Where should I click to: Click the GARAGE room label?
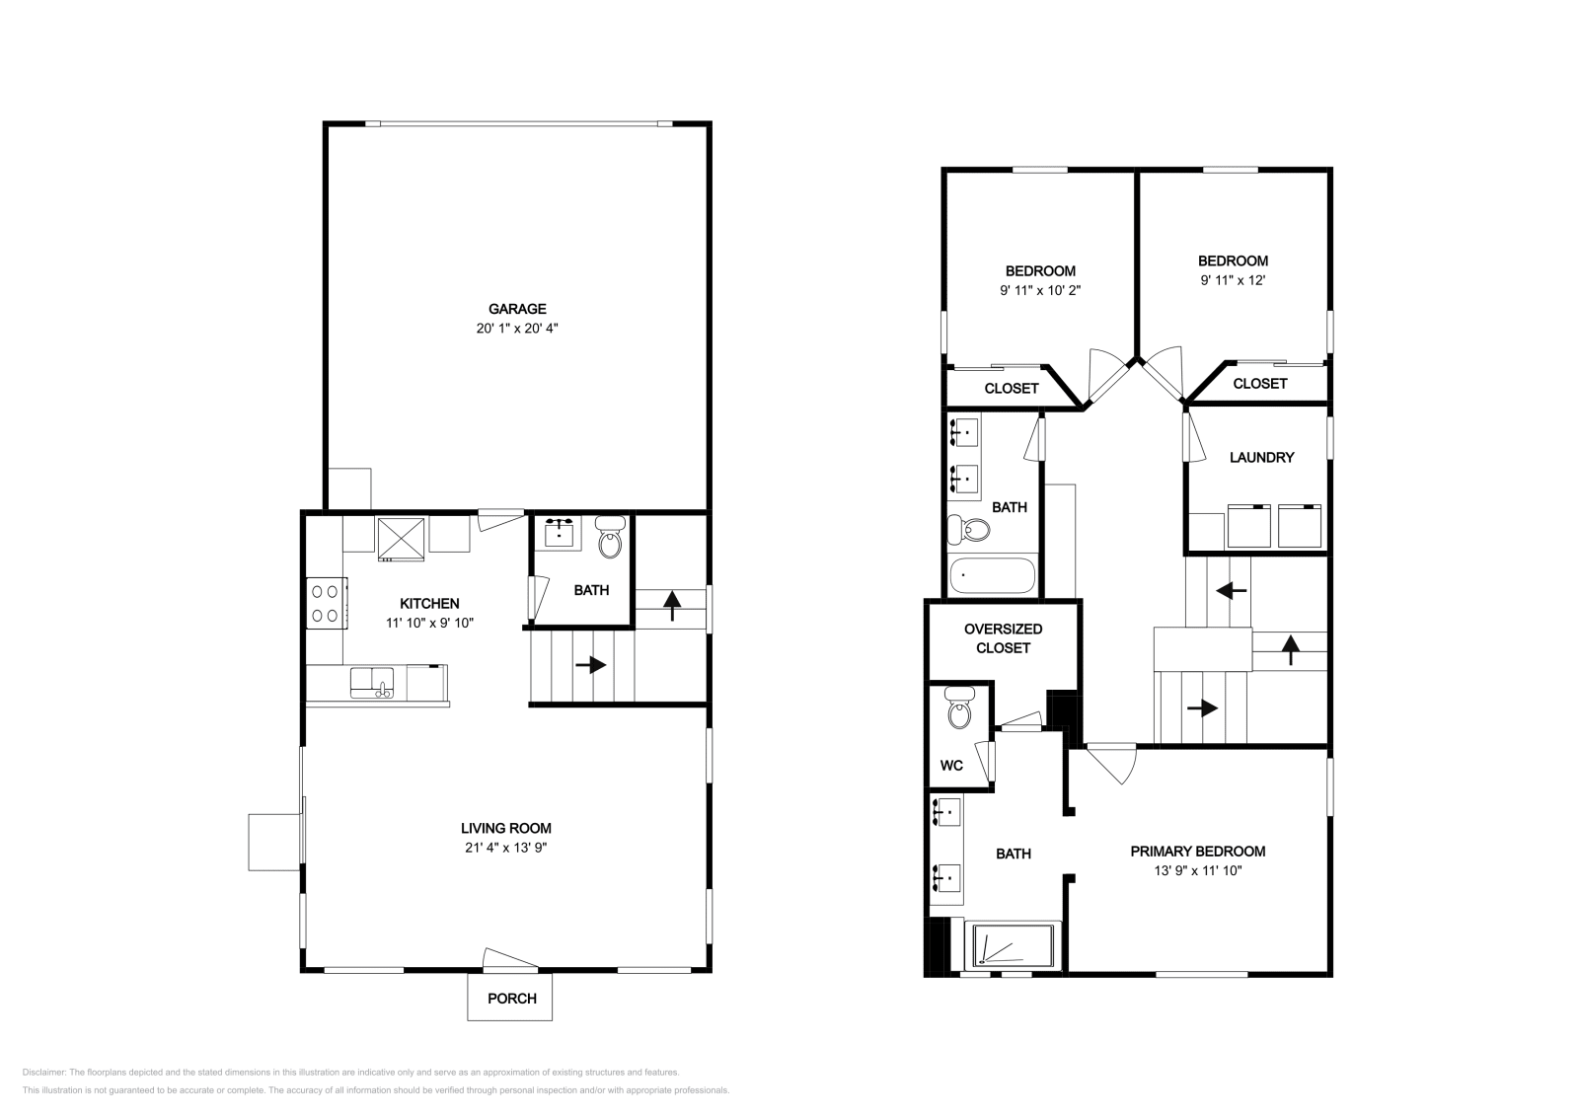tap(517, 309)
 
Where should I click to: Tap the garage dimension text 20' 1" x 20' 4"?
tap(517, 329)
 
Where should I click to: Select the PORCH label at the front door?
tap(512, 999)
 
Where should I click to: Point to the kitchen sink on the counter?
tap(371, 682)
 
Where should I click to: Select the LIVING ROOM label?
tap(505, 828)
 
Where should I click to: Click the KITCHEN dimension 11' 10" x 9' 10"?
tap(429, 623)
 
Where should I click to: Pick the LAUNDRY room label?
tap(1261, 458)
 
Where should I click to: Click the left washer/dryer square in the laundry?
tap(1248, 525)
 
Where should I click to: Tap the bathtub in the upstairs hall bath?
tap(992, 575)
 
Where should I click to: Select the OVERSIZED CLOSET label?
tap(1003, 638)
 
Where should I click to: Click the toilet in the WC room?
tap(958, 708)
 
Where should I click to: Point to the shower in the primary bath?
tap(1015, 945)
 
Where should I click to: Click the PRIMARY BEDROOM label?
tap(1197, 852)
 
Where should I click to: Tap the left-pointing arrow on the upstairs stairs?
tap(1231, 591)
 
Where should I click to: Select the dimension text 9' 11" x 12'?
tap(1233, 280)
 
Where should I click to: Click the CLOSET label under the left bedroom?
tap(1011, 389)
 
